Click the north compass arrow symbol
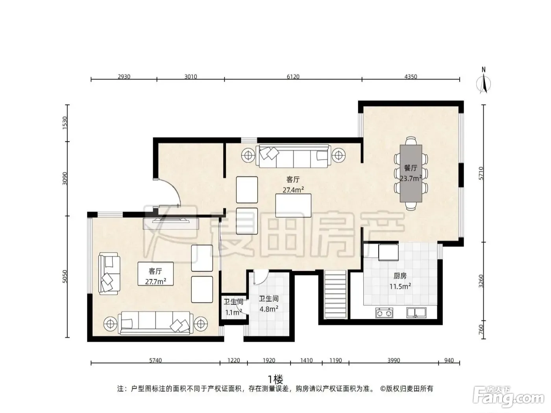click(x=483, y=81)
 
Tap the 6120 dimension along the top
click(x=293, y=76)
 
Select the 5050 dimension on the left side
click(x=65, y=277)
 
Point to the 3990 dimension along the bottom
click(x=393, y=360)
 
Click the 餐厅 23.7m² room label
click(x=410, y=173)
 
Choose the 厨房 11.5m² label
click(x=400, y=281)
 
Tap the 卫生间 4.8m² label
click(x=268, y=304)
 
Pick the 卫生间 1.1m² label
click(x=233, y=307)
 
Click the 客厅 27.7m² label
click(x=155, y=276)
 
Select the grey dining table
click(x=410, y=173)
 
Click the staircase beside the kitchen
click(x=335, y=294)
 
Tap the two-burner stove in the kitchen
click(x=384, y=313)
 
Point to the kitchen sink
click(x=416, y=313)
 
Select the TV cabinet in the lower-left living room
click(x=171, y=223)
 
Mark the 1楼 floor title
click(x=275, y=380)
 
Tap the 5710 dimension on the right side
click(x=481, y=173)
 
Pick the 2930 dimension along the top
click(x=124, y=76)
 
